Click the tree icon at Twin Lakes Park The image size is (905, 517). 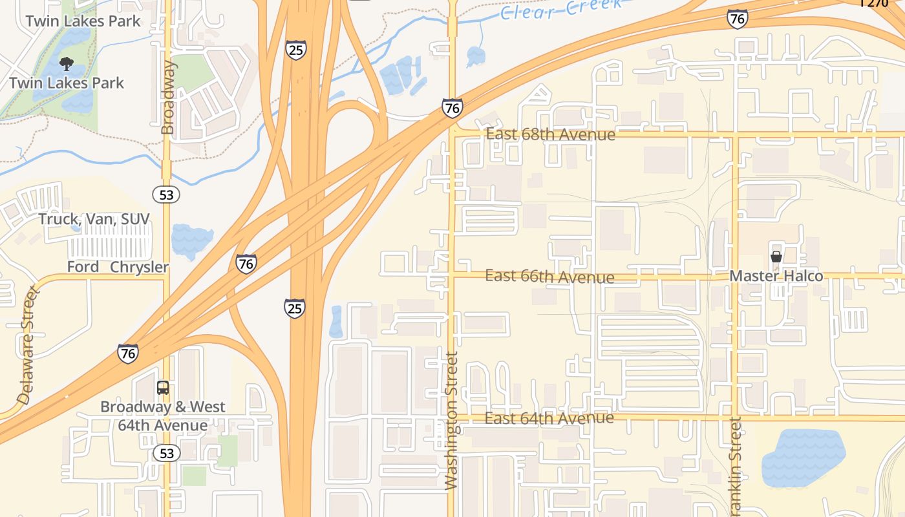pyautogui.click(x=66, y=63)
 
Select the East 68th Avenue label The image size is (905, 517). pyautogui.click(x=550, y=134)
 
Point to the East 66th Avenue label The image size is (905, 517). pyautogui.click(x=549, y=277)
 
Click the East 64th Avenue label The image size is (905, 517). pyautogui.click(x=549, y=418)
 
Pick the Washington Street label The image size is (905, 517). pyautogui.click(x=451, y=420)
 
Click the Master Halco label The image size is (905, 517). pyautogui.click(x=776, y=276)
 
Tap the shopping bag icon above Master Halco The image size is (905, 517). pyautogui.click(x=776, y=257)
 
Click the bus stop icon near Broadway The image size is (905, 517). pyautogui.click(x=163, y=388)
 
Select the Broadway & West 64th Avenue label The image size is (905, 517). pyautogui.click(x=162, y=416)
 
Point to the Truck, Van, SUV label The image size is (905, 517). pyautogui.click(x=94, y=219)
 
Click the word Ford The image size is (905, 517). pyautogui.click(x=83, y=267)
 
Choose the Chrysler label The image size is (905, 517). pyautogui.click(x=139, y=267)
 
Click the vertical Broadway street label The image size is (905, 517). pyautogui.click(x=167, y=98)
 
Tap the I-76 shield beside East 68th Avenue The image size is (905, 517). pyautogui.click(x=452, y=108)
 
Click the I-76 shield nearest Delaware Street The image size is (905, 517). pyautogui.click(x=128, y=353)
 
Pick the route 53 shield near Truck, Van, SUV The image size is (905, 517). pyautogui.click(x=167, y=195)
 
